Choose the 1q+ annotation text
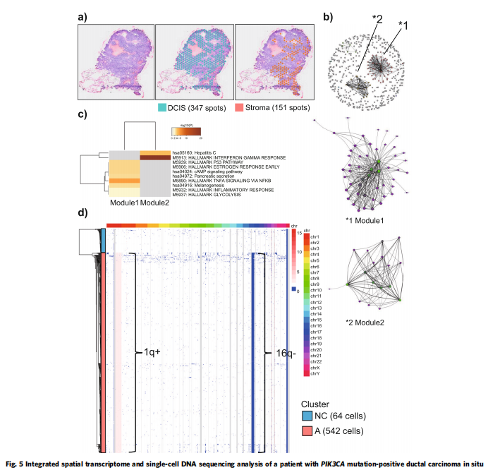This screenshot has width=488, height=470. click(x=146, y=350)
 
